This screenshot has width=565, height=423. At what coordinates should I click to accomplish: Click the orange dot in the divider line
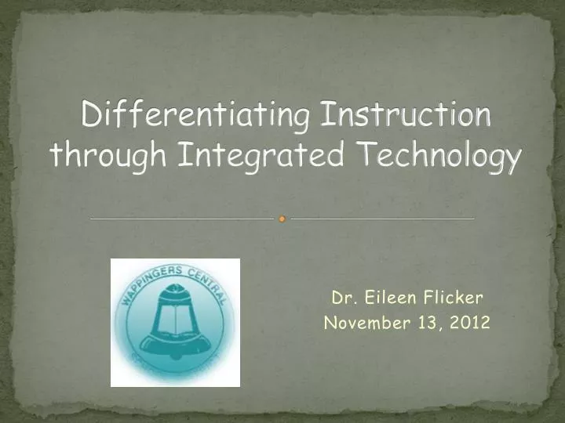coord(282,219)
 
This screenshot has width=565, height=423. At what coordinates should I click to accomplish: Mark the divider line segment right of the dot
coord(383,219)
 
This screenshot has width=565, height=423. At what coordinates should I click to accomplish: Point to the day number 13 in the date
coord(425,322)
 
